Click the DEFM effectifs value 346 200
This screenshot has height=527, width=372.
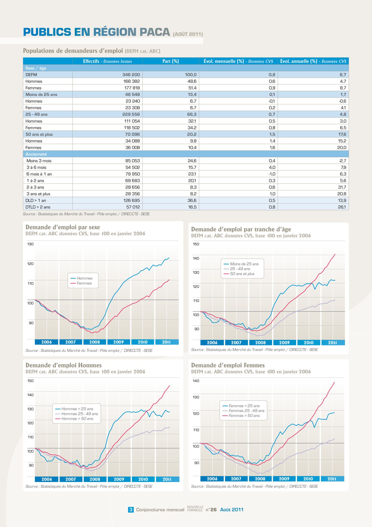[131, 75]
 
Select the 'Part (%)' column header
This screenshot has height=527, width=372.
[170, 61]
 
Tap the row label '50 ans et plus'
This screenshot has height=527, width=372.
[39, 134]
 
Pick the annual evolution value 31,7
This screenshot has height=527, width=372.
[342, 187]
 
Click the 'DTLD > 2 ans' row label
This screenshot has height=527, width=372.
[38, 207]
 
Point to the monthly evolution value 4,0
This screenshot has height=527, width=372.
[272, 167]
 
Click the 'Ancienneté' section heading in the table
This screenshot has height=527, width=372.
[36, 154]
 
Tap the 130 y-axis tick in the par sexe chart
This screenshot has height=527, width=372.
[31, 244]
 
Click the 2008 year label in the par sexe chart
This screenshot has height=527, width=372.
[94, 342]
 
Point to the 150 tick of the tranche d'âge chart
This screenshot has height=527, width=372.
[196, 244]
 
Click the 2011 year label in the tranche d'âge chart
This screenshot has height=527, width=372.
[333, 343]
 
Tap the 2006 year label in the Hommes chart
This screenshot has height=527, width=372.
[47, 479]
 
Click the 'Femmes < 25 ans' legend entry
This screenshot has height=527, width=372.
[241, 406]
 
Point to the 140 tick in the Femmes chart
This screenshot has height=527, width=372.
[196, 381]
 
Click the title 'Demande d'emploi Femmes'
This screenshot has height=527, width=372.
[228, 365]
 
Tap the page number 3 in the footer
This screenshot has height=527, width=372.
[131, 510]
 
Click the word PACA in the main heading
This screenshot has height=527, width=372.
[155, 32]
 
